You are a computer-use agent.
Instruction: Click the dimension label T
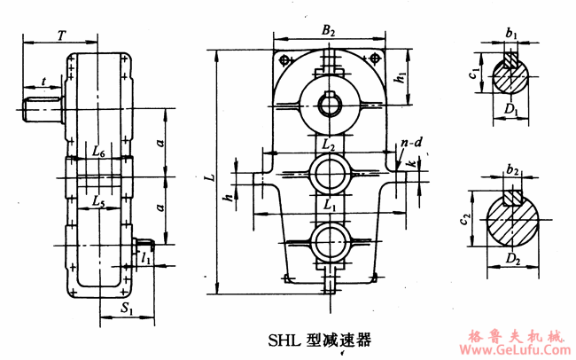click(60, 35)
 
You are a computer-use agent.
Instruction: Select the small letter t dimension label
click(44, 82)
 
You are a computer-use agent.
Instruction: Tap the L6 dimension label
click(99, 153)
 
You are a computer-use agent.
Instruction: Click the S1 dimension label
click(128, 310)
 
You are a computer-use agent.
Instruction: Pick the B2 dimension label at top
click(329, 31)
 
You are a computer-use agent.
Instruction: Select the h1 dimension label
click(401, 78)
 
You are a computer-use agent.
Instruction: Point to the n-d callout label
click(409, 141)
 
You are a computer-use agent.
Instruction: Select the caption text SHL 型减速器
click(319, 339)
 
